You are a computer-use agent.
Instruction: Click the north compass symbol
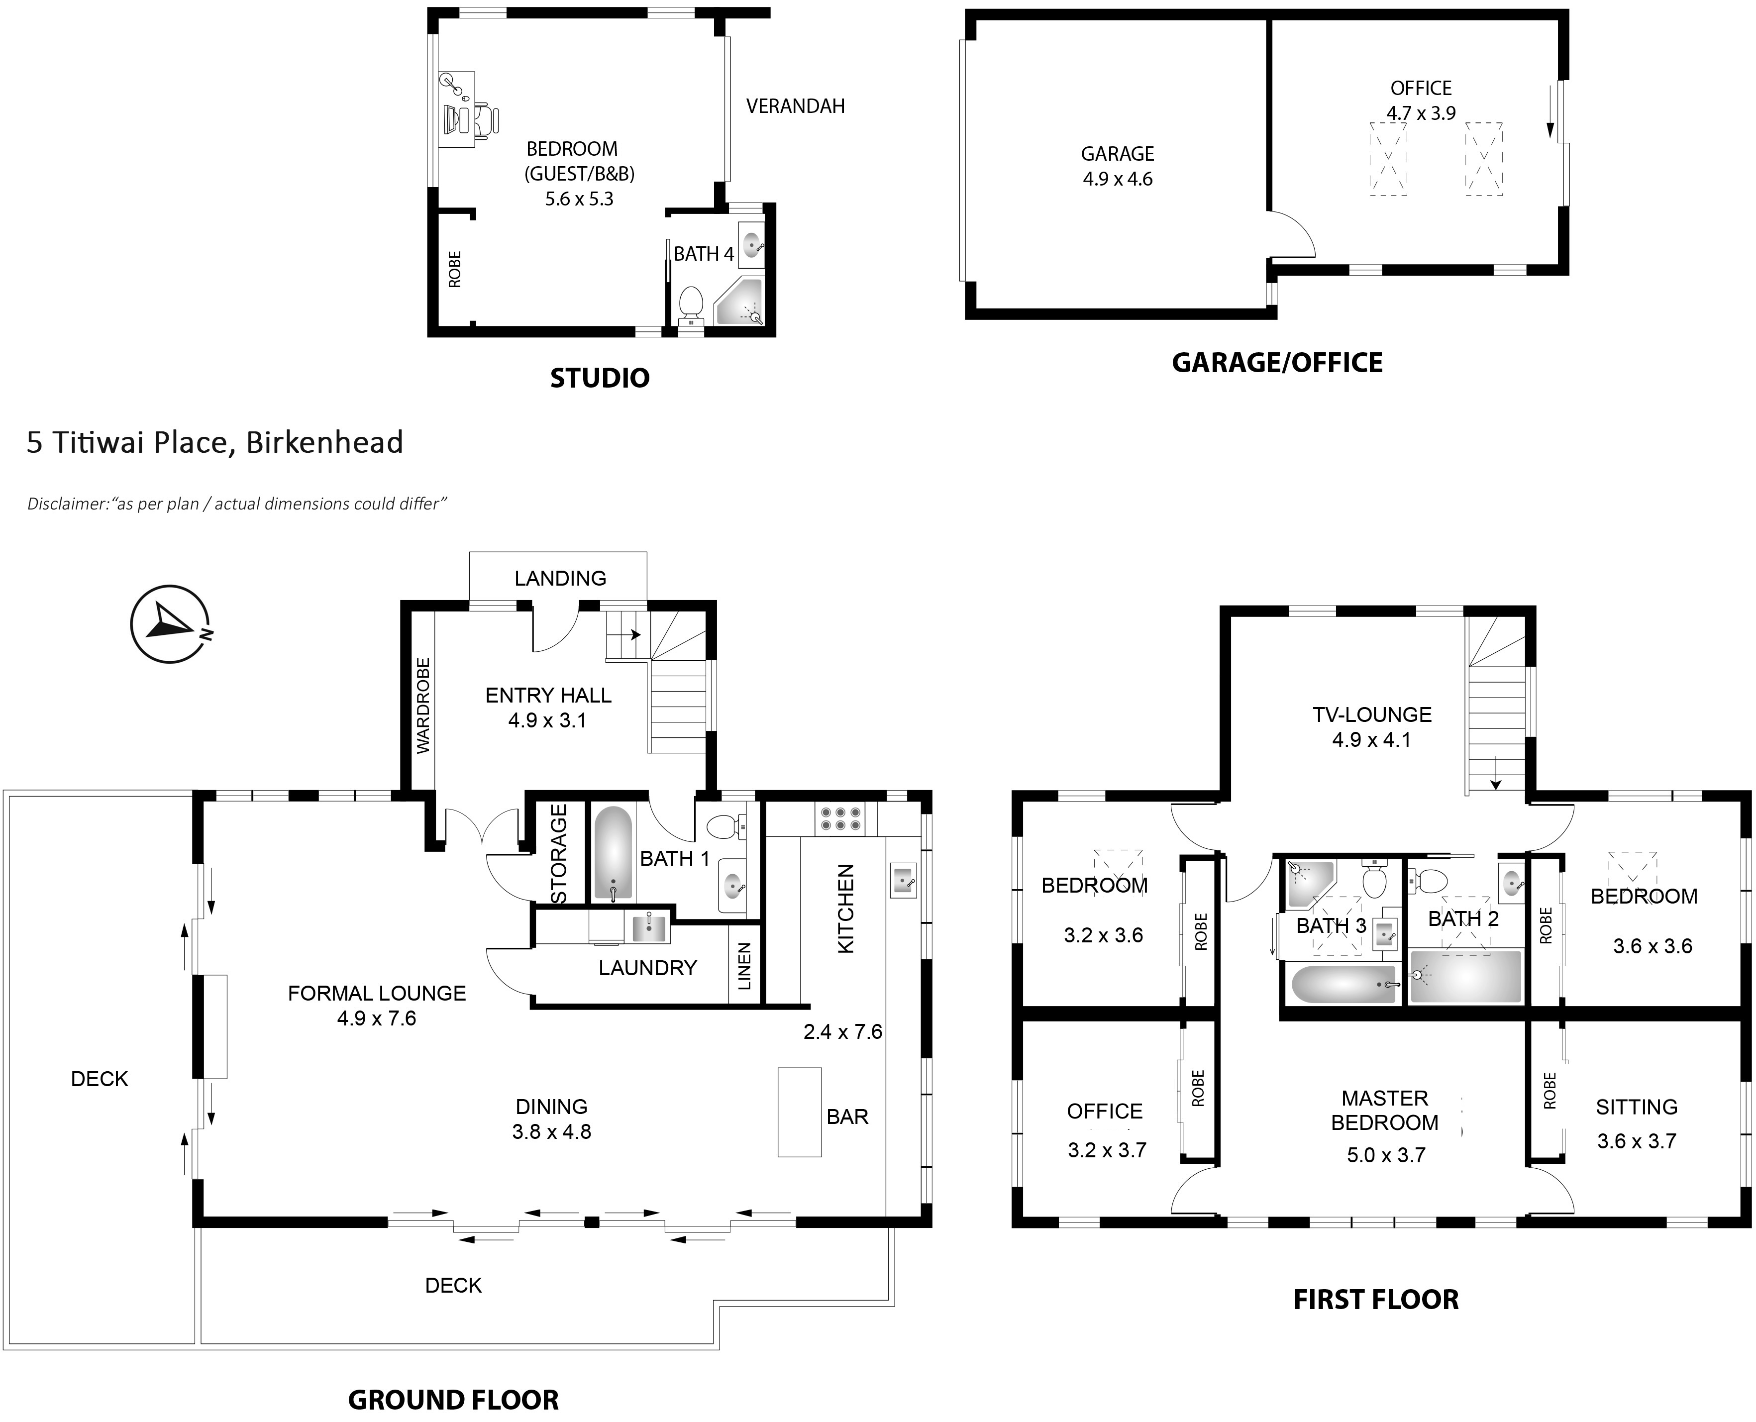[170, 624]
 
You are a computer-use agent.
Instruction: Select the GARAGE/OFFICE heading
[1277, 362]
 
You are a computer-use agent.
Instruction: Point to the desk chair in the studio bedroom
[483, 119]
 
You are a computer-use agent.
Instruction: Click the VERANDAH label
[795, 105]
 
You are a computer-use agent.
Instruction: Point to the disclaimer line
[237, 504]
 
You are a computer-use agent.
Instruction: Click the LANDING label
[560, 578]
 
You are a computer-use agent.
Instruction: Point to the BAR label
[847, 1117]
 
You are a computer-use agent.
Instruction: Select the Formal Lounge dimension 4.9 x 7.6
[377, 1018]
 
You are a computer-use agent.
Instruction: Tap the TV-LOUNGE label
[1372, 714]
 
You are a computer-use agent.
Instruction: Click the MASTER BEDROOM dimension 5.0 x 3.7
[1386, 1155]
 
